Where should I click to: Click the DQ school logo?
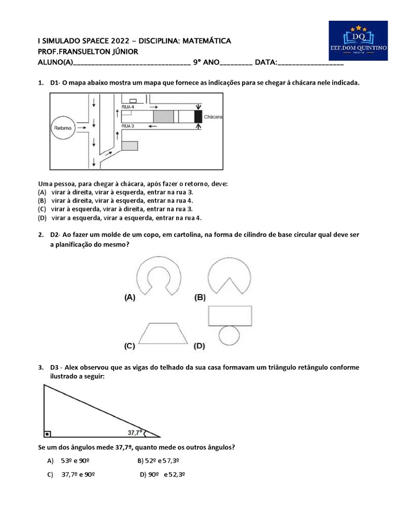[x=358, y=40]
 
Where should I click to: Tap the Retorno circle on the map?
[x=63, y=127]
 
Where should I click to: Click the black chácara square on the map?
[x=198, y=116]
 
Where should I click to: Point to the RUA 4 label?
[x=128, y=106]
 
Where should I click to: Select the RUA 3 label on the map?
[x=128, y=126]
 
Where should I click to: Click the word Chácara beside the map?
[x=214, y=117]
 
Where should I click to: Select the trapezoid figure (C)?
[x=159, y=332]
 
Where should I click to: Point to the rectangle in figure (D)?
[x=230, y=315]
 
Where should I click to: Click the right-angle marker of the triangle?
[x=48, y=434]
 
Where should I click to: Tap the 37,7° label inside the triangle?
[x=136, y=431]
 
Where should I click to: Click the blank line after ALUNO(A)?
[x=132, y=63]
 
